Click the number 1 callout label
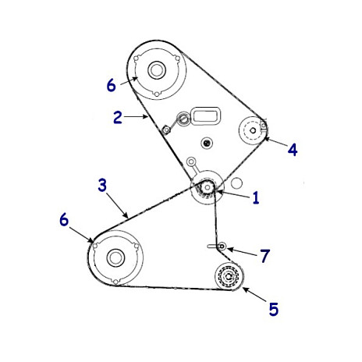pyautogui.click(x=256, y=197)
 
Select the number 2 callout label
pyautogui.click(x=118, y=117)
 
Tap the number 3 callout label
pyautogui.click(x=102, y=185)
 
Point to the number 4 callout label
pyautogui.click(x=293, y=150)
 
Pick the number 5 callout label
pyautogui.click(x=274, y=309)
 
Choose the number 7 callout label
pyautogui.click(x=265, y=256)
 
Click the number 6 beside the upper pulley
pyautogui.click(x=112, y=85)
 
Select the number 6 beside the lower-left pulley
pyautogui.click(x=64, y=219)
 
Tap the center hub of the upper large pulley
pyautogui.click(x=157, y=69)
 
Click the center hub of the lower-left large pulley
pyautogui.click(x=115, y=257)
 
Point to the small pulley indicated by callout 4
pyautogui.click(x=252, y=130)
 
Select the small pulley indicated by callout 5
pyautogui.click(x=229, y=277)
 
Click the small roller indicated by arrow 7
pyautogui.click(x=222, y=246)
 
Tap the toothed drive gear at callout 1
pyautogui.click(x=208, y=187)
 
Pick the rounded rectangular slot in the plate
pyautogui.click(x=206, y=115)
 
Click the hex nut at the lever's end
pyautogui.click(x=165, y=130)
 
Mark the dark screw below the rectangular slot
pyautogui.click(x=207, y=143)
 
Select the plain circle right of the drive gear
pyautogui.click(x=236, y=183)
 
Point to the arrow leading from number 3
pyautogui.click(x=117, y=205)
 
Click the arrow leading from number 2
pyautogui.click(x=136, y=117)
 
